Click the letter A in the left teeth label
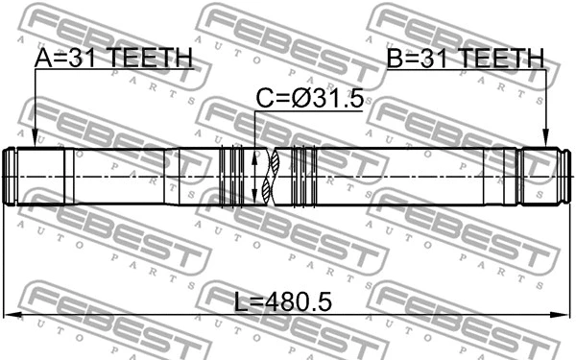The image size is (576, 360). (44, 59)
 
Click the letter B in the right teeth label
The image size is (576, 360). (395, 59)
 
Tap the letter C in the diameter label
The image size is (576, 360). (263, 100)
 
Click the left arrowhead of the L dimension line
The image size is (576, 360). (10, 315)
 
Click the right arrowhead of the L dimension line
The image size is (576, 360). (566, 315)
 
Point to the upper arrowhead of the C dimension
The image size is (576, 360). (254, 154)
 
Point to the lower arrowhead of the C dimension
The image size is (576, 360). (254, 199)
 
